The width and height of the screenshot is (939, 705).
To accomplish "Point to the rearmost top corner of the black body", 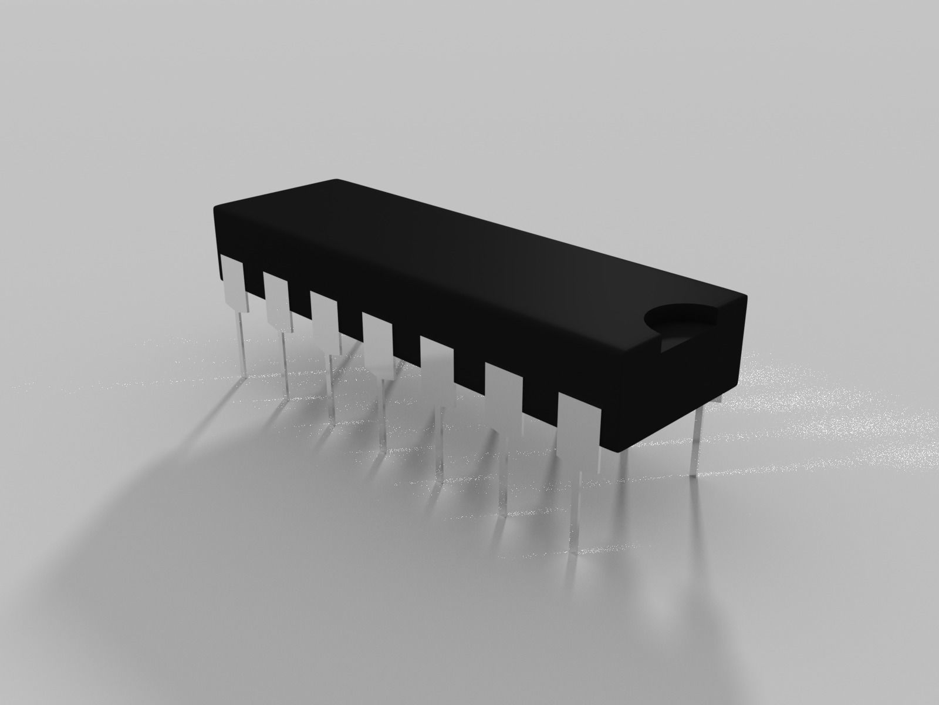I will coord(336,180).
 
